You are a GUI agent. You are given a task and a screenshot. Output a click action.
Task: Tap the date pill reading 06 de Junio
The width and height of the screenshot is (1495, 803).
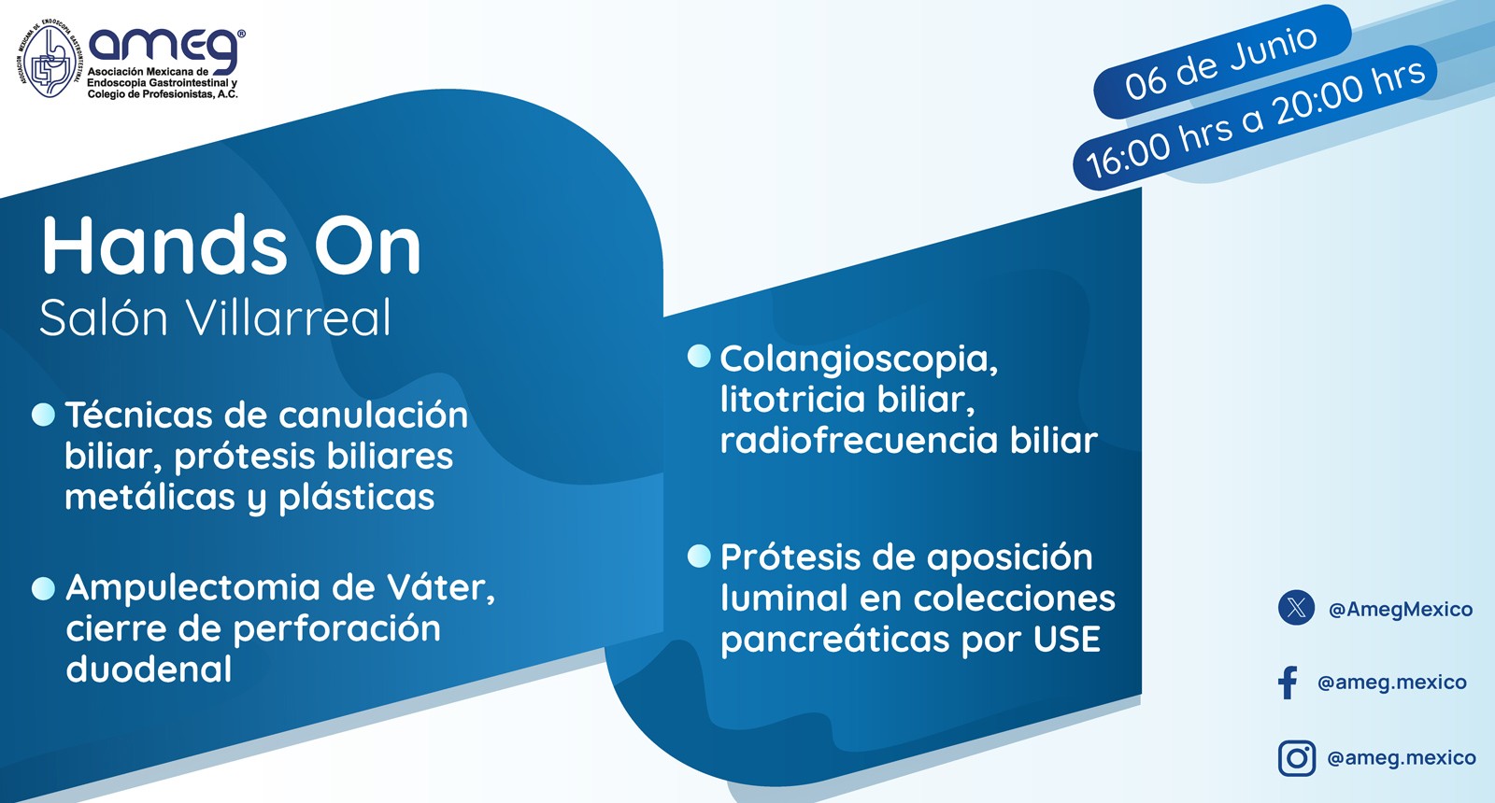click(x=1221, y=62)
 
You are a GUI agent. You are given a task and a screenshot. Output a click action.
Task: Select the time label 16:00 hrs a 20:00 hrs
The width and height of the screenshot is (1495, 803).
click(x=1255, y=119)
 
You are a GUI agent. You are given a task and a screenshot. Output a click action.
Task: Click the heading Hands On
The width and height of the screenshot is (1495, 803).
click(x=231, y=247)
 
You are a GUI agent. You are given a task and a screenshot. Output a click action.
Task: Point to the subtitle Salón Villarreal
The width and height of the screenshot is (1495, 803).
click(x=215, y=318)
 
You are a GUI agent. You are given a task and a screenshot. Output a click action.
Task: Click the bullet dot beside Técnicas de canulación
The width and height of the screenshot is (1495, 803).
click(x=43, y=415)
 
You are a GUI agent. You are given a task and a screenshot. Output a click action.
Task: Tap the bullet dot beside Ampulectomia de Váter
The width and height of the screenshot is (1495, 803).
click(x=43, y=588)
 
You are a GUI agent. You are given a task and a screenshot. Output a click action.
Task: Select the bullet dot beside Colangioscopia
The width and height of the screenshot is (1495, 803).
click(x=699, y=357)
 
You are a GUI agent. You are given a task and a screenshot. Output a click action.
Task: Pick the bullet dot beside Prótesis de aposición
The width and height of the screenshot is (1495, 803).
click(x=699, y=556)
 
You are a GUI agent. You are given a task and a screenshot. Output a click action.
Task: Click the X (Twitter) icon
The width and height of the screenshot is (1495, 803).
click(x=1296, y=608)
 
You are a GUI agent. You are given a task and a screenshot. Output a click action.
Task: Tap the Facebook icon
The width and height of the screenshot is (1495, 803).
click(x=1288, y=683)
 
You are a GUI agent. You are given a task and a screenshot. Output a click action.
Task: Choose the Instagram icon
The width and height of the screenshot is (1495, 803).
click(x=1296, y=757)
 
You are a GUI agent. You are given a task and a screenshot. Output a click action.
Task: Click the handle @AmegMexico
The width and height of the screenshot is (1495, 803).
click(x=1400, y=610)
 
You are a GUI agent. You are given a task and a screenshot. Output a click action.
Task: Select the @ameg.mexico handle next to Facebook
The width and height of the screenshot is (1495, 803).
click(x=1391, y=683)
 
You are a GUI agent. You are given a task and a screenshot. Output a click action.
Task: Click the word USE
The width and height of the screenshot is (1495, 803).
click(x=1066, y=640)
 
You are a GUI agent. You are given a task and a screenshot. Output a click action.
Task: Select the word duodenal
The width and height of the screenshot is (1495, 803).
click(x=149, y=669)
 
